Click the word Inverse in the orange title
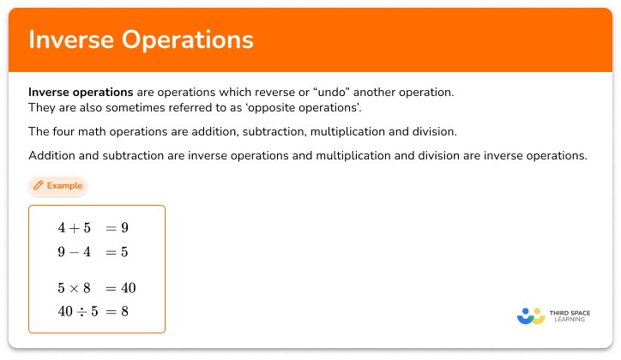72,39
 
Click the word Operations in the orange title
188,39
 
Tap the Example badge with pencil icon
57,185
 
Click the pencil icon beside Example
38,185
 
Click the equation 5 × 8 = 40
96,288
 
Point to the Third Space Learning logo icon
531,316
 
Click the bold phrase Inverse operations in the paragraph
81,92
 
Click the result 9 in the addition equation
124,228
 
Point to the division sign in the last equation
81,312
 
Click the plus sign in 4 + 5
74,228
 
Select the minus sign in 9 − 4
74,252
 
